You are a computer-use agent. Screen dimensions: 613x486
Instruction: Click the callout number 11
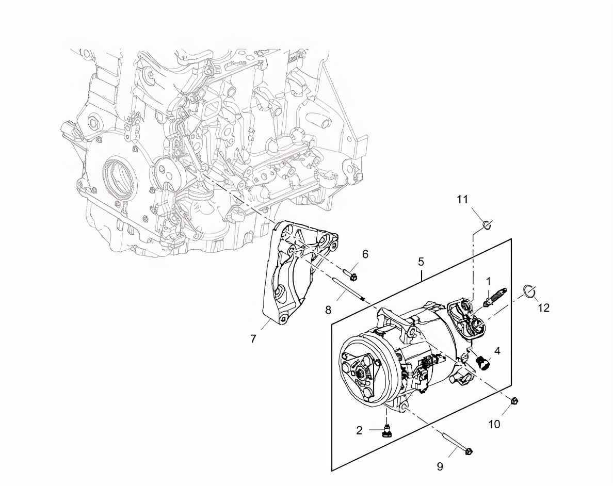coord(462,200)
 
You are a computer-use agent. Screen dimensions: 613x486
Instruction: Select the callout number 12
coord(544,308)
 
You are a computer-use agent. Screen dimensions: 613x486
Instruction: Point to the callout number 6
coord(365,254)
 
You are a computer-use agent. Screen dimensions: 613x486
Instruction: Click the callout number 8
coord(328,310)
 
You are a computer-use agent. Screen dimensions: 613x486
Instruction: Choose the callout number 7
coord(253,338)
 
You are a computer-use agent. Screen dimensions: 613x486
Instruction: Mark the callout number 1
coord(488,281)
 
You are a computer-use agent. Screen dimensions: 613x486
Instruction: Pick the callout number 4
coord(497,351)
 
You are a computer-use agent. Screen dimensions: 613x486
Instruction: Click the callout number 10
coord(494,424)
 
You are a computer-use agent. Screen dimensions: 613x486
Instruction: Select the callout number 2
coord(359,430)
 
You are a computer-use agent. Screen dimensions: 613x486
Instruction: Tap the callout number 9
coord(440,466)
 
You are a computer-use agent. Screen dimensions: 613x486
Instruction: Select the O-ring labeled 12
coord(529,291)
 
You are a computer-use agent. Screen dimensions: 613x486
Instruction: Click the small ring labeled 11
coord(487,224)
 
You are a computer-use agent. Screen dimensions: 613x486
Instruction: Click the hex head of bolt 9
coord(469,451)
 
